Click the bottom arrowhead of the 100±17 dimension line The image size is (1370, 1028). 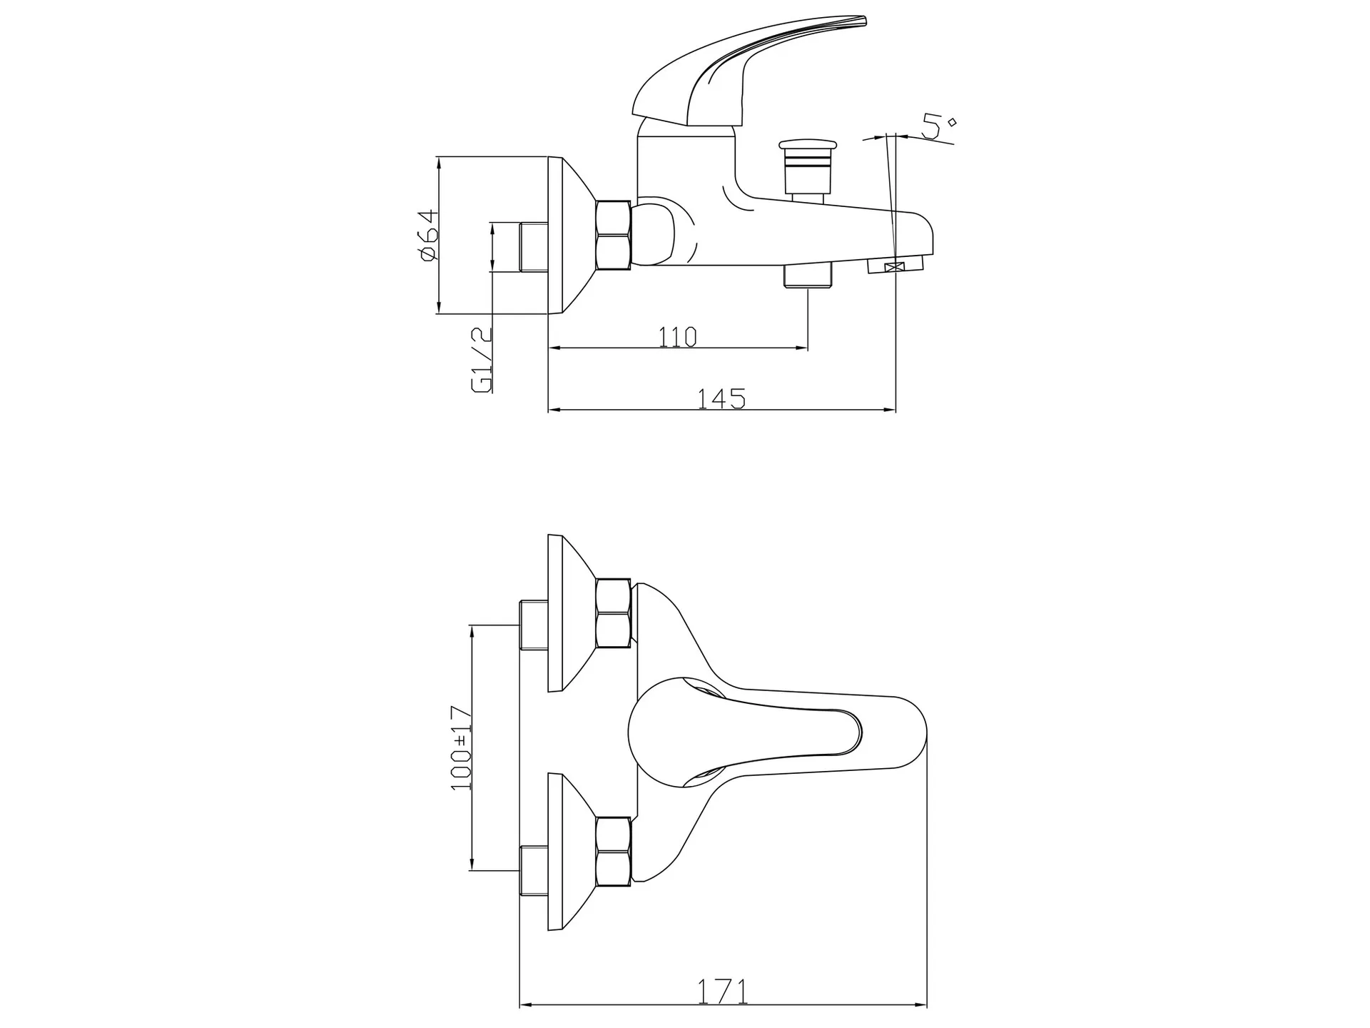(x=472, y=865)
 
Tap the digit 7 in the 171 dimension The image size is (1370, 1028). (x=722, y=992)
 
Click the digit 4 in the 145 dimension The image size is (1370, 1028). (x=721, y=398)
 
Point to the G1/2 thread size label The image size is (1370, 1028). (x=482, y=360)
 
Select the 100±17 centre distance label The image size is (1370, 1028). (x=462, y=747)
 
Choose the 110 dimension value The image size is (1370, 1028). (x=677, y=336)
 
